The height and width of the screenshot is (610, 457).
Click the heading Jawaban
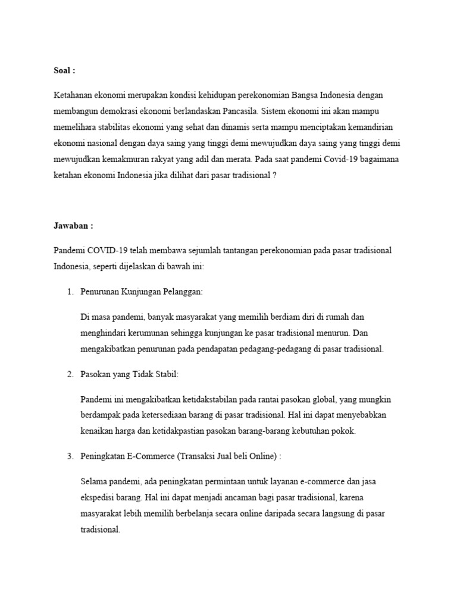[x=73, y=226]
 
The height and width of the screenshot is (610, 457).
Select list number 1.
[x=70, y=292]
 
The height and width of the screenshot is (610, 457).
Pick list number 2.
[x=70, y=374]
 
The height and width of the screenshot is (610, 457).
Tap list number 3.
[x=70, y=456]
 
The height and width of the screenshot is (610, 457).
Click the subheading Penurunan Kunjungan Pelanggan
[x=142, y=292]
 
